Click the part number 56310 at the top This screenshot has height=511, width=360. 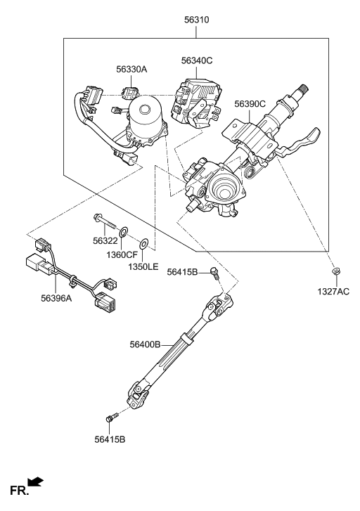[x=196, y=20]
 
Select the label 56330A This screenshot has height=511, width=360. [x=131, y=70]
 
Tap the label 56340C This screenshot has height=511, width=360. [x=197, y=60]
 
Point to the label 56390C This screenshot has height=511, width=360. [x=250, y=104]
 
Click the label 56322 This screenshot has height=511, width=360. [x=105, y=241]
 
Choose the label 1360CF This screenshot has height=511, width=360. [x=122, y=255]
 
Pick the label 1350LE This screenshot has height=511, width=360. [x=143, y=267]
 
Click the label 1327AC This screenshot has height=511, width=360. [x=333, y=292]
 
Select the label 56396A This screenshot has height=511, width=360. [x=56, y=298]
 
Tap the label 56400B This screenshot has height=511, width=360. [x=145, y=344]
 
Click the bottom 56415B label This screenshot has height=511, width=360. [x=110, y=439]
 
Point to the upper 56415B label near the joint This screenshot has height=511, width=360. [x=182, y=272]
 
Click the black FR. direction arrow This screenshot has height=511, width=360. [x=36, y=481]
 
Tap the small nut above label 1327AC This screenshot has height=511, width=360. [x=335, y=271]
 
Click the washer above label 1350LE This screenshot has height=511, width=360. [x=144, y=242]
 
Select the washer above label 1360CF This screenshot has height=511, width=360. [x=124, y=232]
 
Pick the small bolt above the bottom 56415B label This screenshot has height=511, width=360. [x=111, y=418]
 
